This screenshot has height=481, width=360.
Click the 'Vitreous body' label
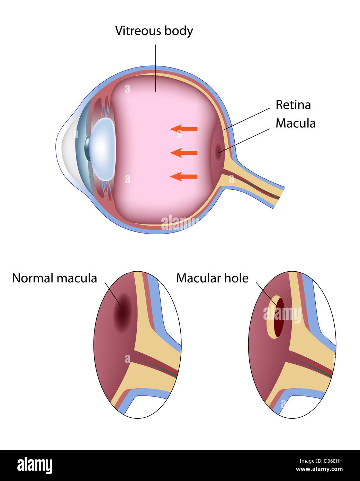[154, 31]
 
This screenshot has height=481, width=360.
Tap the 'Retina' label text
[293, 105]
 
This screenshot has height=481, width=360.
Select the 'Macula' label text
[296, 123]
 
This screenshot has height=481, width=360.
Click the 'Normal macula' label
[55, 278]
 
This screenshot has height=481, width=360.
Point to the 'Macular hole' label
[212, 278]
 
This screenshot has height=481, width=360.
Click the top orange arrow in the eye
[184, 129]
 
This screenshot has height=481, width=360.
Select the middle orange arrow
[184, 153]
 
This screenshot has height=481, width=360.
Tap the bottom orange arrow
[184, 176]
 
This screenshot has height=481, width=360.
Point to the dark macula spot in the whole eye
[218, 151]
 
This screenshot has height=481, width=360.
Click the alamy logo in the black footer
[35, 465]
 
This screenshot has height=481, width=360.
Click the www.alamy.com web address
[319, 469]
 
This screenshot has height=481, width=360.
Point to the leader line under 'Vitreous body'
[155, 68]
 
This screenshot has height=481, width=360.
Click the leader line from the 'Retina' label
[247, 119]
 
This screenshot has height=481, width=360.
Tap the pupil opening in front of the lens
[87, 149]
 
